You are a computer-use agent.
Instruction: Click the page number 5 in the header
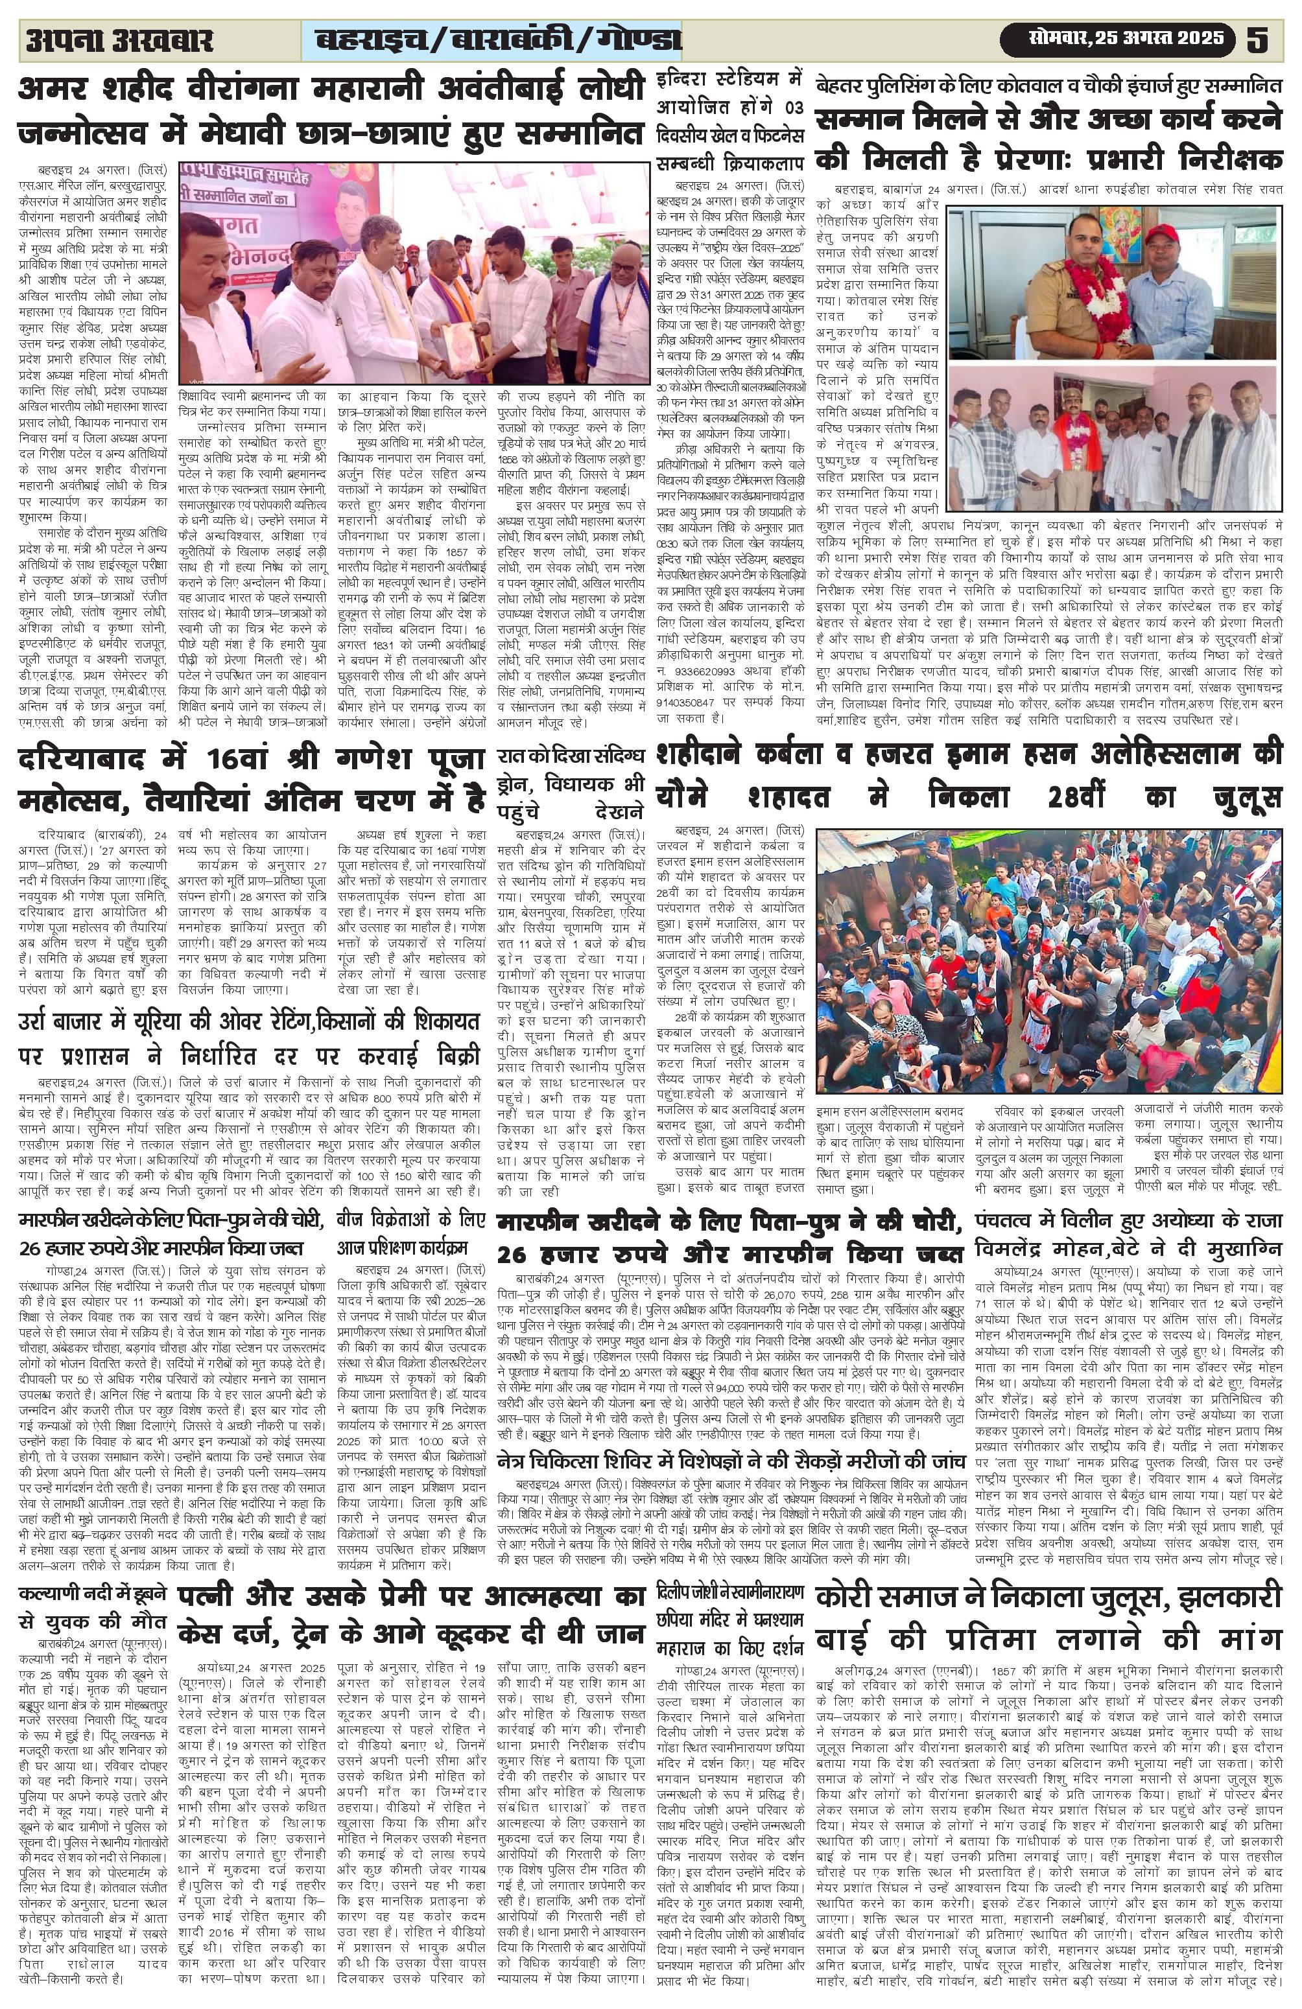(x=1260, y=39)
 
